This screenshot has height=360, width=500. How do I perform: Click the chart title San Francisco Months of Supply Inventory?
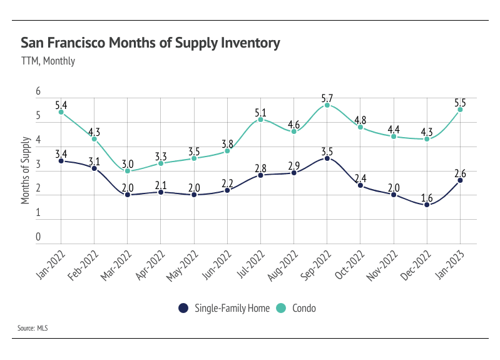[x=150, y=43]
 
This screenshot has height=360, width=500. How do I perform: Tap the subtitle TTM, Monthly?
[x=48, y=61]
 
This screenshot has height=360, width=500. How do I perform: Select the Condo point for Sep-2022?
[x=327, y=105]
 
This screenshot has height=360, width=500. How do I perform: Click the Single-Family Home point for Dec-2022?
[x=427, y=205]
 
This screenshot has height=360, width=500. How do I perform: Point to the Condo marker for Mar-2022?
[x=128, y=171]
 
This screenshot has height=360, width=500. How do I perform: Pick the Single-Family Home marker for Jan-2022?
[x=61, y=161]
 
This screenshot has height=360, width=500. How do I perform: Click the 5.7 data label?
[x=327, y=97]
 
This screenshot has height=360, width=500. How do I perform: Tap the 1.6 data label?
[x=427, y=196]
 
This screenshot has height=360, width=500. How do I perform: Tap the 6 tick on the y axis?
[x=38, y=91]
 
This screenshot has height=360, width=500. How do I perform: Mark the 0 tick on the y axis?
[x=38, y=237]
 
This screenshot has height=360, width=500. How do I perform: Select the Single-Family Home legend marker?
[x=183, y=308]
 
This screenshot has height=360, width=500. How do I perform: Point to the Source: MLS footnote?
[x=33, y=327]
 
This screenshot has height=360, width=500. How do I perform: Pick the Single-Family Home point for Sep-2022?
[x=327, y=159]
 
